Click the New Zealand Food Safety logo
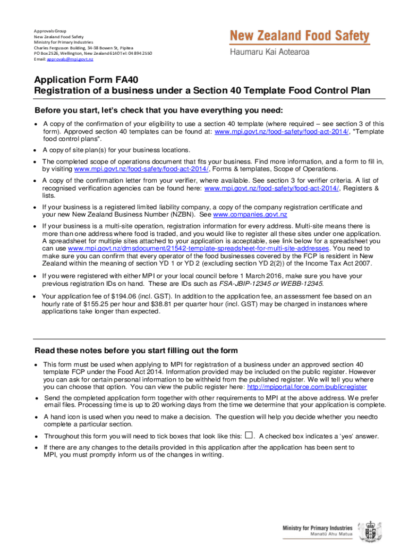pyautogui.click(x=300, y=37)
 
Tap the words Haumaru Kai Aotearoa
pyautogui.click(x=269, y=53)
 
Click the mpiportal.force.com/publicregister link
pyautogui.click(x=307, y=387)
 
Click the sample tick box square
pyautogui.click(x=249, y=435)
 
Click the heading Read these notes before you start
pyautogui.click(x=136, y=351)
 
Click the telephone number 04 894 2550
pyautogui.click(x=124, y=54)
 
